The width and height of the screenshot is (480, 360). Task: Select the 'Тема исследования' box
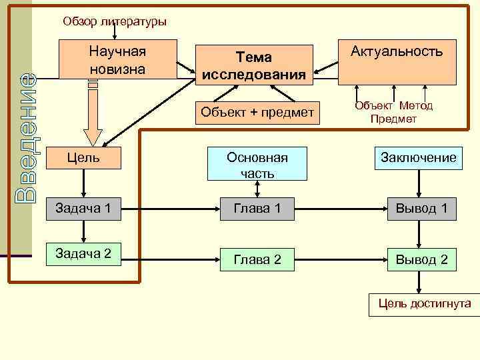click(254, 65)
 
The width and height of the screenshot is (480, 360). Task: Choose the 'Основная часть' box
click(257, 164)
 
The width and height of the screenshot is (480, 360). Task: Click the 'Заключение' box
click(419, 158)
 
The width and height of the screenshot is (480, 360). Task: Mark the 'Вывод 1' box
click(421, 209)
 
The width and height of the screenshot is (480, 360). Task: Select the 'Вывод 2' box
click(421, 259)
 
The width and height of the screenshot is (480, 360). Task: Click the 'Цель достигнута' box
click(425, 304)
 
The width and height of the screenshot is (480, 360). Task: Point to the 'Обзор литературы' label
click(115, 21)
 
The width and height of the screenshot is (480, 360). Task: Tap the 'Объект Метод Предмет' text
click(393, 112)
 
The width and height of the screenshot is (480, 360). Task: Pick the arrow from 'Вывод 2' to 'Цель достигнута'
click(419, 283)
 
